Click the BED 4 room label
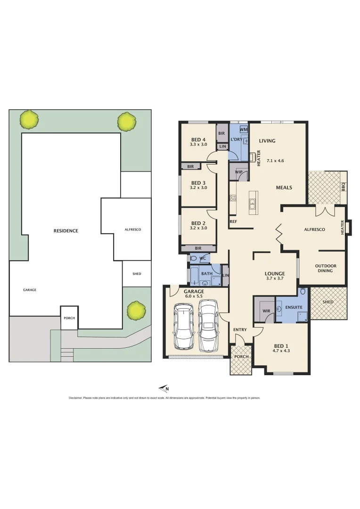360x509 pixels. click(x=198, y=139)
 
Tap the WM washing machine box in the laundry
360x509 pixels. click(x=244, y=129)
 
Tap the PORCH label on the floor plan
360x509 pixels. click(x=241, y=356)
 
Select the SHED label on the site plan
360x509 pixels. click(x=137, y=273)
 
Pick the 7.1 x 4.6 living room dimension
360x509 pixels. click(x=275, y=161)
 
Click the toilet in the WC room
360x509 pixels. click(x=193, y=258)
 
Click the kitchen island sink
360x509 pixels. click(x=252, y=204)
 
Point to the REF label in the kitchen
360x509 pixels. click(x=233, y=221)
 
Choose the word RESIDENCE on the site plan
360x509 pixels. click(x=65, y=231)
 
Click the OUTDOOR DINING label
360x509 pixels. click(x=326, y=269)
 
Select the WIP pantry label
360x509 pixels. click(x=238, y=172)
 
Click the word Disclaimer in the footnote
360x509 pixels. click(x=75, y=398)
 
